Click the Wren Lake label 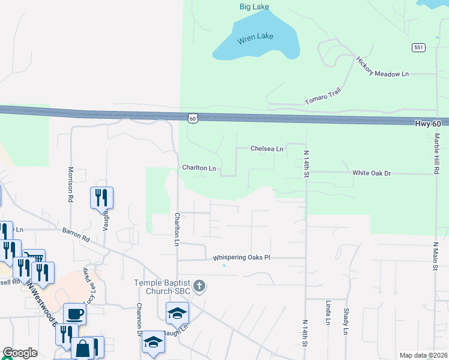[255, 37]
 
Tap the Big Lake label [255, 7]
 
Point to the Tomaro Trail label [322, 95]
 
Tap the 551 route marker [419, 47]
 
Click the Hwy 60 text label [428, 123]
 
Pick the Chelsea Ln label [267, 148]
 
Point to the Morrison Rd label [71, 184]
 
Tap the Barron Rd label [76, 235]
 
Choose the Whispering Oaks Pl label [242, 257]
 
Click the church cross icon [200, 286]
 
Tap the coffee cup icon [75, 314]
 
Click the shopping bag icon [82, 348]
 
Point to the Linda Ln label [328, 313]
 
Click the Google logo [20, 353]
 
